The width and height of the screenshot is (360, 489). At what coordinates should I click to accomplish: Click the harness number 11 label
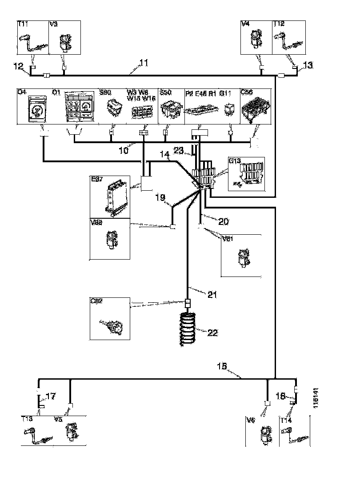pos(143,63)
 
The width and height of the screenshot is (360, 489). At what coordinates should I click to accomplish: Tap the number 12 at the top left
pos(18,67)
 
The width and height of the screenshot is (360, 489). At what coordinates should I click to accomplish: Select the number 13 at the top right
pos(308,65)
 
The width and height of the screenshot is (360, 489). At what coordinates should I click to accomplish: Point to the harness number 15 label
pos(222,366)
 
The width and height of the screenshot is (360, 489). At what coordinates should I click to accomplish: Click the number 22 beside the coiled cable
pos(213,333)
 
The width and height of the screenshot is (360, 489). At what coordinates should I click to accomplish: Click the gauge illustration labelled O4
pos(35,109)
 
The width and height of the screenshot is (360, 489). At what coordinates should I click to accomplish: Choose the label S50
pos(165,93)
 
